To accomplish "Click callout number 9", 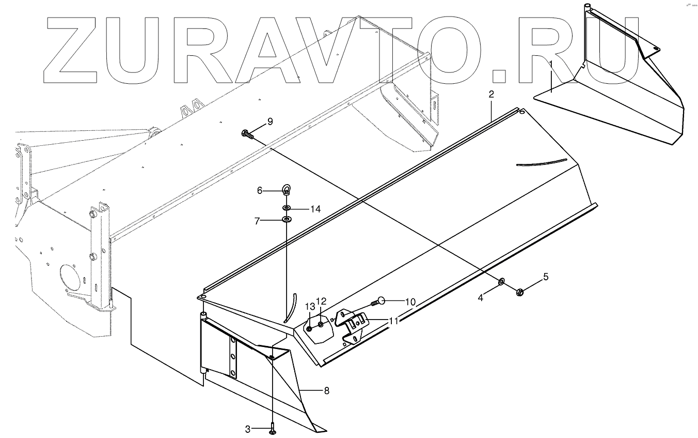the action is (x=269, y=122).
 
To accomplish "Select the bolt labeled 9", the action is (x=247, y=134).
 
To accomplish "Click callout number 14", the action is (x=315, y=209).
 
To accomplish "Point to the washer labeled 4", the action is (x=501, y=282).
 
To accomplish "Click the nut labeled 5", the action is (x=520, y=292).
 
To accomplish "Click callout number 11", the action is (x=394, y=321).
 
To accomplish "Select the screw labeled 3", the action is (x=272, y=429).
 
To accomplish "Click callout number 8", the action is (x=326, y=390).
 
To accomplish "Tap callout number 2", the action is (x=491, y=95).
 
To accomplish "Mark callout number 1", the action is (x=551, y=64).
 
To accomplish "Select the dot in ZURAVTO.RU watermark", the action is (x=499, y=76).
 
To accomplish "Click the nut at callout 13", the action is (x=309, y=328).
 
